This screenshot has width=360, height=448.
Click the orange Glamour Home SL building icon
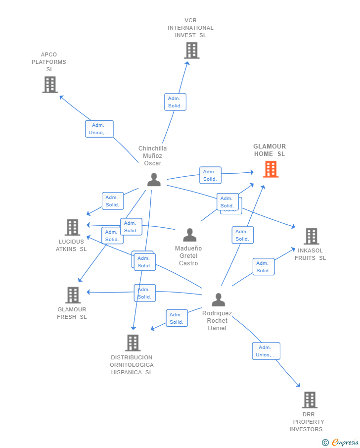pos(270,169)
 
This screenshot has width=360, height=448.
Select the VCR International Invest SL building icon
pos(191,50)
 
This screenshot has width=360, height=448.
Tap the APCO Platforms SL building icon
pos(50,85)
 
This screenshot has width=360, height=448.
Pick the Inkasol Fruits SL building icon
pos(311,237)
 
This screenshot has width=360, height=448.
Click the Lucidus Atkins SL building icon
pos(72,228)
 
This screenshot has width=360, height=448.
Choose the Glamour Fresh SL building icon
pos(73,296)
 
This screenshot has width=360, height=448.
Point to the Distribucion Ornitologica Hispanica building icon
pos(133,343)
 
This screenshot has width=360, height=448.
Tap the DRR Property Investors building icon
pos(309,400)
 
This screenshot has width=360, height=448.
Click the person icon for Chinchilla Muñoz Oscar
pos(154,180)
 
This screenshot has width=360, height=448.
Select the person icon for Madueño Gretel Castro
pos(189,235)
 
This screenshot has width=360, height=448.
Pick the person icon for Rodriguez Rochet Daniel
pos(218,300)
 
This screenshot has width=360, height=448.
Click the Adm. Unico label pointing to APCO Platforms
pos(99,129)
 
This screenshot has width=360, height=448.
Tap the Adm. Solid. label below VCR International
pos(175,102)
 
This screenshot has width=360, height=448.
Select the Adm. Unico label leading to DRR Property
pos(266,351)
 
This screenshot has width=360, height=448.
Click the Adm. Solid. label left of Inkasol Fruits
pos(263,267)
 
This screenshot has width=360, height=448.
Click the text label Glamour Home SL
pos(270,150)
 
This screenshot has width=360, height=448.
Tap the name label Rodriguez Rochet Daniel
pos(217,321)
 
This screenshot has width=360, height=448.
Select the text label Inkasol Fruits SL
pos(311,254)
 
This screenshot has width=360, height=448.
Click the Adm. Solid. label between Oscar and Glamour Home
pos(210,175)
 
